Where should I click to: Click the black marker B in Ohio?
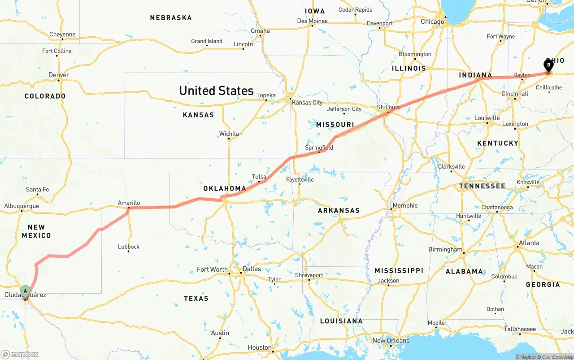pyautogui.click(x=548, y=65)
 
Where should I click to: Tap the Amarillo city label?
pyautogui.click(x=129, y=203)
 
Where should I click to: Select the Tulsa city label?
pyautogui.click(x=259, y=177)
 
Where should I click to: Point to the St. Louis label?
pyautogui.click(x=388, y=107)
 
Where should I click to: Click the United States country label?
pyautogui.click(x=216, y=91)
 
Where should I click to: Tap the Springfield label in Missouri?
pyautogui.click(x=319, y=147)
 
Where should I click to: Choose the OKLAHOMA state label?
pyautogui.click(x=225, y=189)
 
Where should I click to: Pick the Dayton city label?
pyautogui.click(x=522, y=75)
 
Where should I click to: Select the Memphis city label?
pyautogui.click(x=405, y=206)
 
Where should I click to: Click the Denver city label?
pyautogui.click(x=59, y=75)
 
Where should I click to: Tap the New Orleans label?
pyautogui.click(x=391, y=340)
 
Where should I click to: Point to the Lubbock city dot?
pyautogui.click(x=128, y=252)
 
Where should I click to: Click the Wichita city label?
pyautogui.click(x=229, y=134)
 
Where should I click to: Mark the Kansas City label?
pyautogui.click(x=307, y=103)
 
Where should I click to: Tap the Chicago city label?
pyautogui.click(x=432, y=22)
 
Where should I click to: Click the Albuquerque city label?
pyautogui.click(x=22, y=206)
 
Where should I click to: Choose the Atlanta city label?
pyautogui.click(x=529, y=243)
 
